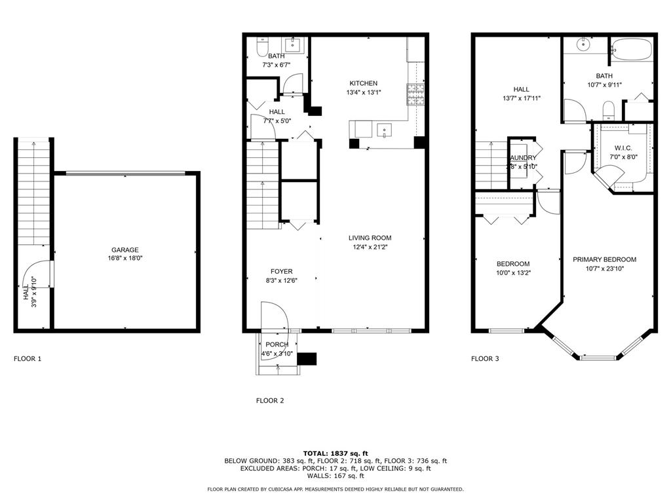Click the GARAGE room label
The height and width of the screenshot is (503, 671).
(x=125, y=250)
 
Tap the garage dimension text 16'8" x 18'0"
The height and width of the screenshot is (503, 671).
(x=125, y=258)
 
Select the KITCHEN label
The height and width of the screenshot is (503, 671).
(x=363, y=83)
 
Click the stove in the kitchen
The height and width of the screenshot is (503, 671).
(x=415, y=95)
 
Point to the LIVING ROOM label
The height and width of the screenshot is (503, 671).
(x=370, y=238)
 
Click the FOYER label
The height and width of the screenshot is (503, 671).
(x=282, y=271)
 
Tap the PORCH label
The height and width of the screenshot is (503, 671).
(x=277, y=345)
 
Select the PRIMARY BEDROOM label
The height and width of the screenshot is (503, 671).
(x=604, y=259)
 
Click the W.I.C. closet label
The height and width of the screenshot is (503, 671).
(x=623, y=148)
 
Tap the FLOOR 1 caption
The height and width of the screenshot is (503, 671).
(x=28, y=359)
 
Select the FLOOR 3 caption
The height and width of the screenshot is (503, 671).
(x=486, y=359)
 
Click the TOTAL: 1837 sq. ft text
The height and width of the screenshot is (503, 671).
(x=335, y=453)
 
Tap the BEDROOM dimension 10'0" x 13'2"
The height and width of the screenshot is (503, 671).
(x=514, y=272)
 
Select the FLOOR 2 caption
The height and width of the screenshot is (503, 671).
(x=270, y=401)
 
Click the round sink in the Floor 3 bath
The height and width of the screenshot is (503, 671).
(x=583, y=45)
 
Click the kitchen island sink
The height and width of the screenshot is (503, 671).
(x=384, y=128)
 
